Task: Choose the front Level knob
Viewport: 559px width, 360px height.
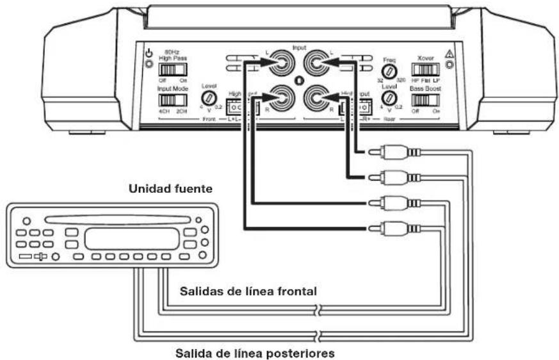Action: (209, 97)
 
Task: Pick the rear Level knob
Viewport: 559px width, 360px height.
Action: (388, 98)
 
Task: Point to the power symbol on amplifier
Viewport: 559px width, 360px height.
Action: (149, 54)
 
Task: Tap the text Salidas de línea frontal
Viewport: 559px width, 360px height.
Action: (248, 290)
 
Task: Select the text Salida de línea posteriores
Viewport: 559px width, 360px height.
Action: (257, 352)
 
